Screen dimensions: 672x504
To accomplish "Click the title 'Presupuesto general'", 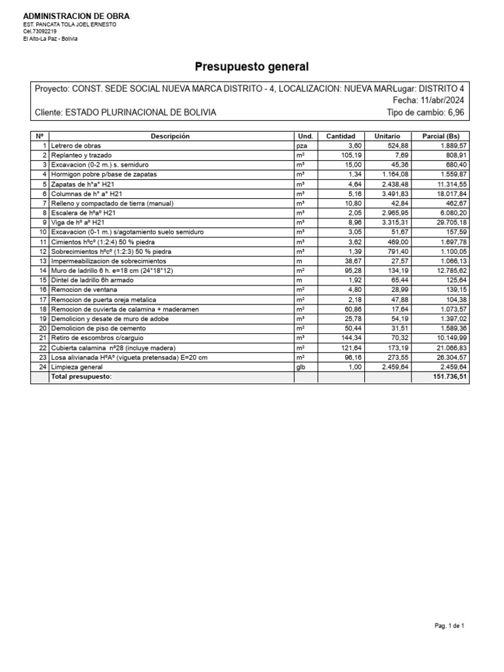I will click(251, 67).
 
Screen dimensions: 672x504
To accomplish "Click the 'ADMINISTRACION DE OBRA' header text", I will click(76, 16).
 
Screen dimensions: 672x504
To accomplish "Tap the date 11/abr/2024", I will click(442, 100).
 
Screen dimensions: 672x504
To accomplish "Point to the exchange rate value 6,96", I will click(455, 113).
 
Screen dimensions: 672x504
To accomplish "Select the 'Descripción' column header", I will click(170, 136).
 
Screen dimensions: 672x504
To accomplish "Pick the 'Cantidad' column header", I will click(340, 136).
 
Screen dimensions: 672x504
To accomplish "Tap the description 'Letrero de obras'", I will click(76, 146).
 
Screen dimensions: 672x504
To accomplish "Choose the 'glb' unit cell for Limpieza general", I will click(302, 367).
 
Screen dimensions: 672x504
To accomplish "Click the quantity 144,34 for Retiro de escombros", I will click(348, 338).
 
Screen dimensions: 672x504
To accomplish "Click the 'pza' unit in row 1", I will click(302, 146).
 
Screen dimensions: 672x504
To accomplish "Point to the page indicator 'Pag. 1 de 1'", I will click(450, 626).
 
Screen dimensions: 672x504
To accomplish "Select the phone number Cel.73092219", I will click(40, 31).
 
